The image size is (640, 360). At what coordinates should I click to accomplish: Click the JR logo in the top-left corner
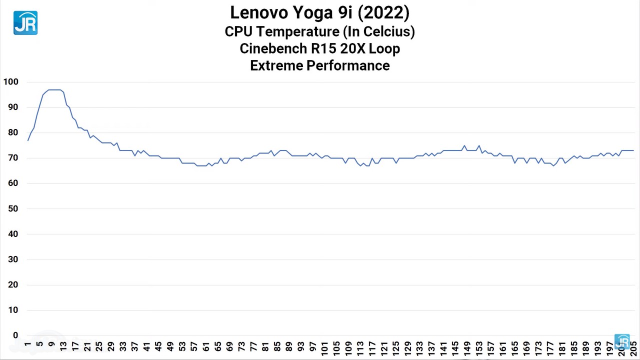coord(25,23)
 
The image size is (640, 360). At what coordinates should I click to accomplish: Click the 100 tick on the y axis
coord(10,81)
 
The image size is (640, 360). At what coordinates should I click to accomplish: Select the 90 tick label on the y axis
coord(12,107)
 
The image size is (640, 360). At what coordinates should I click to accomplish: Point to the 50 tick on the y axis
coord(12,208)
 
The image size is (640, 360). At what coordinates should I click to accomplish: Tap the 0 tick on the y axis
coord(15,335)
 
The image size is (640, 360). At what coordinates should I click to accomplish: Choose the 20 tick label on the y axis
coord(12,284)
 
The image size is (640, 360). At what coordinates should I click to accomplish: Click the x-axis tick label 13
coord(63,346)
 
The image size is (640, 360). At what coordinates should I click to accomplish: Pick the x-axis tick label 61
coord(205,346)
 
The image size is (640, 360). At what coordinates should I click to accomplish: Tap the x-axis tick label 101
coord(324,348)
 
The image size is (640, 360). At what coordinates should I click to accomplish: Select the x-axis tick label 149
coord(467,348)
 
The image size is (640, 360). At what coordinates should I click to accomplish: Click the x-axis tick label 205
coord(633,348)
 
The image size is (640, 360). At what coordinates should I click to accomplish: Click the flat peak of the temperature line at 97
coord(54,90)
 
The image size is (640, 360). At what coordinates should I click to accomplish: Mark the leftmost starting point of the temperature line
coord(28,140)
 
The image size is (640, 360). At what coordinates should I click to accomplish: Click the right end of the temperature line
coord(633,150)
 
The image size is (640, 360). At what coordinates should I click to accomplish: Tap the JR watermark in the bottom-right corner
coord(622,342)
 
